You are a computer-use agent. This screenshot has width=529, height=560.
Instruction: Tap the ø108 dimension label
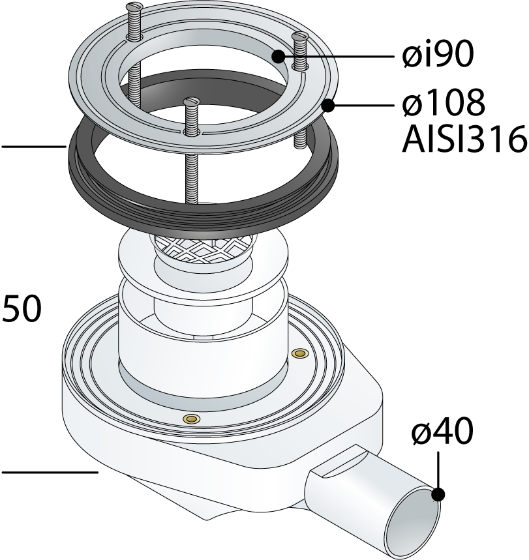point(444,103)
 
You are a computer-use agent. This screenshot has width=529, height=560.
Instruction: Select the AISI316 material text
point(464,139)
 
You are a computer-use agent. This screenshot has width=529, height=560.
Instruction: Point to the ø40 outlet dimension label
point(442,432)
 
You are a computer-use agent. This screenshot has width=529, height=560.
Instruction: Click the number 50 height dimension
point(22,308)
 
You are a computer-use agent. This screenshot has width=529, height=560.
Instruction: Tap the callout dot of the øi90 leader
point(278,56)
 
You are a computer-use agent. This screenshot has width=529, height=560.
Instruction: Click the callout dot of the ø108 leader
point(327,106)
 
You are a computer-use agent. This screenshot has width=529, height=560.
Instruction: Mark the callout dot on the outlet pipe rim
point(438,495)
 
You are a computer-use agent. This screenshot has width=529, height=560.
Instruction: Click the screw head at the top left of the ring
point(135,6)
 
